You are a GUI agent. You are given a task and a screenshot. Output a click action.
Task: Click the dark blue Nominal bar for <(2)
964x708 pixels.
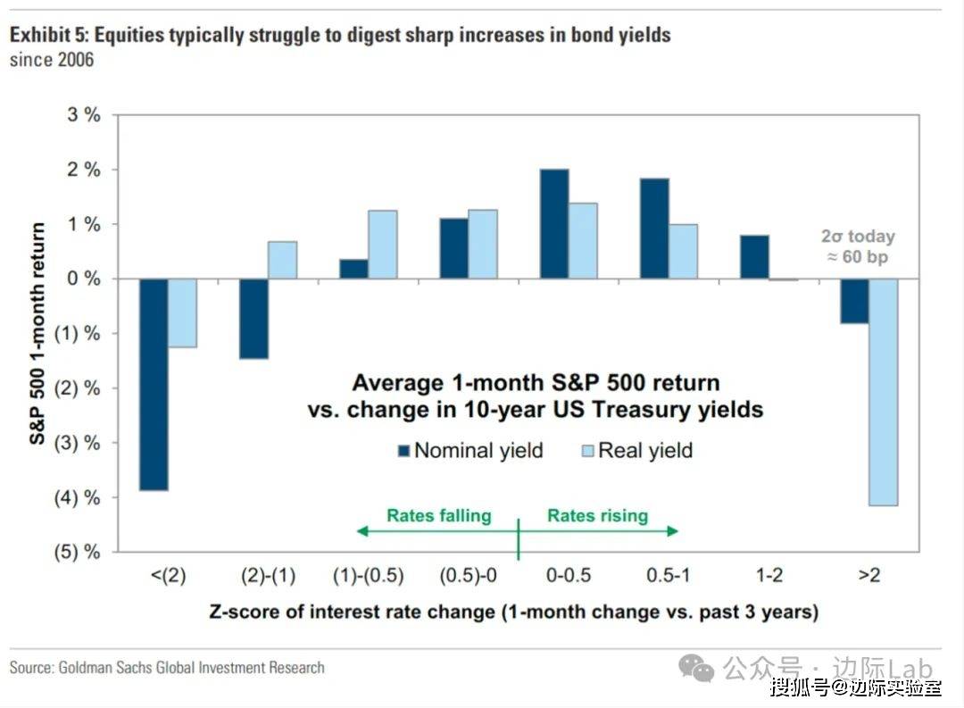tap(154, 384)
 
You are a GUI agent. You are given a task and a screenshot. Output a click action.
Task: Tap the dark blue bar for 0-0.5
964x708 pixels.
tap(554, 224)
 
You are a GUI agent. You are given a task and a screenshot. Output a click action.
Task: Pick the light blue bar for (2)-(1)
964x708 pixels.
tap(283, 260)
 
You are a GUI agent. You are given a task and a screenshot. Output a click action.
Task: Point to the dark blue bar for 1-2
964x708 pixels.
tap(754, 257)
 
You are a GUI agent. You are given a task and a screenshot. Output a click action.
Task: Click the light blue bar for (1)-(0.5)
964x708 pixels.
tap(383, 245)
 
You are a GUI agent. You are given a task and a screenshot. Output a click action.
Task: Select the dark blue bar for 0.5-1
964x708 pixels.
tap(654, 229)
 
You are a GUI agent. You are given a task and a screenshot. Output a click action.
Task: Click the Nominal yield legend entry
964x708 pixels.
tap(470, 450)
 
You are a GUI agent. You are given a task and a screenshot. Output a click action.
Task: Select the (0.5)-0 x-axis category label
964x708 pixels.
tap(469, 576)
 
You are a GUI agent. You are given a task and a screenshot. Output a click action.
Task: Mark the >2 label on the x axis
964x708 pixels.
tap(869, 576)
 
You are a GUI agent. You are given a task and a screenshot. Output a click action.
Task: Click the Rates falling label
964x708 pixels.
tap(439, 515)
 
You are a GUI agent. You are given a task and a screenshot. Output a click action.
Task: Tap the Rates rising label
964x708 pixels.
tap(597, 515)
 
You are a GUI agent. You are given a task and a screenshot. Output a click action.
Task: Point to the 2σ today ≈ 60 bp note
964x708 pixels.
tap(858, 247)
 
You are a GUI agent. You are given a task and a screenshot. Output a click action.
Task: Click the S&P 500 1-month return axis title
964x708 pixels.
tap(38, 332)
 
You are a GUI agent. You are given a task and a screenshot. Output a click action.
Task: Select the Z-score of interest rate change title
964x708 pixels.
tap(513, 612)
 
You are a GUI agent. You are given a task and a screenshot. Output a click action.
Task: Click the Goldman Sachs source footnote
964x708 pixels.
tap(167, 667)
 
